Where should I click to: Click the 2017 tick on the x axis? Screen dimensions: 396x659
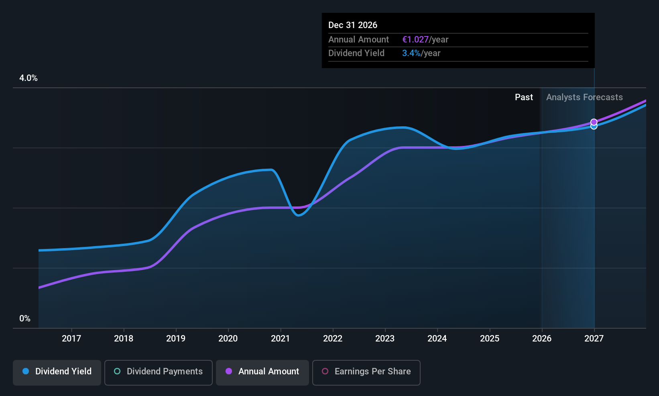pos(71,338)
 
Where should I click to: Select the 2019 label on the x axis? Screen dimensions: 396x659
pos(176,338)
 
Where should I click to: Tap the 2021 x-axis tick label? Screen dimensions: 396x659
pos(280,338)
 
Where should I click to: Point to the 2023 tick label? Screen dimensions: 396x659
pos(385,338)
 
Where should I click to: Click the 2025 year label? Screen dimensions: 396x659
pos(490,338)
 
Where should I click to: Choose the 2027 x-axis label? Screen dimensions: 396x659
pos(594,338)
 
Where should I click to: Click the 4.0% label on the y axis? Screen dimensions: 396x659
pos(28,78)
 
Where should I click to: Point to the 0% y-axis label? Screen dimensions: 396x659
pos(25,319)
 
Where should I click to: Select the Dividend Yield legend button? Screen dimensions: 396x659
pos(57,372)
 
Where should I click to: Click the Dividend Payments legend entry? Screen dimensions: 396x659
pos(159,372)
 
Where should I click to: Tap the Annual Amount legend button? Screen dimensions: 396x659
pos(262,372)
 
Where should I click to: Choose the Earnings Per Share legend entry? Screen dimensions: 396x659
pos(366,372)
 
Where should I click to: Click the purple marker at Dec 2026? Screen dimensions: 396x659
pos(594,122)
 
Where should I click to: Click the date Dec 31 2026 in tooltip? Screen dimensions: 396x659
pos(353,25)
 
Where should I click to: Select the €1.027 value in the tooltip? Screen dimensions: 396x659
pos(415,39)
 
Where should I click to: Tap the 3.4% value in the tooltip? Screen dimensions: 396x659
pos(411,53)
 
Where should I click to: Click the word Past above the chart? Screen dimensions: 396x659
pos(524,97)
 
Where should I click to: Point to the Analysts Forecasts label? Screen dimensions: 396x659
pos(584,97)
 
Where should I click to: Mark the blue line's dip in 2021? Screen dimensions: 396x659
pos(299,215)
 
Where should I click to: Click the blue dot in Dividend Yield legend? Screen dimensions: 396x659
pos(26,372)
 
